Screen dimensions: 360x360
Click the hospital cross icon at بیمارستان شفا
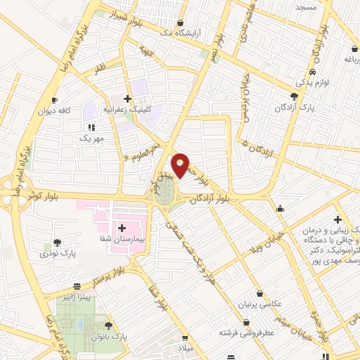pos(122,228)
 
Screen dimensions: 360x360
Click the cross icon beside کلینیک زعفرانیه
pos(127,99)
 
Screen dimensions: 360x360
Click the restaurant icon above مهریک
pos(91,127)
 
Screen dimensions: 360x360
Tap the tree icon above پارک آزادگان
pos(294,96)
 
